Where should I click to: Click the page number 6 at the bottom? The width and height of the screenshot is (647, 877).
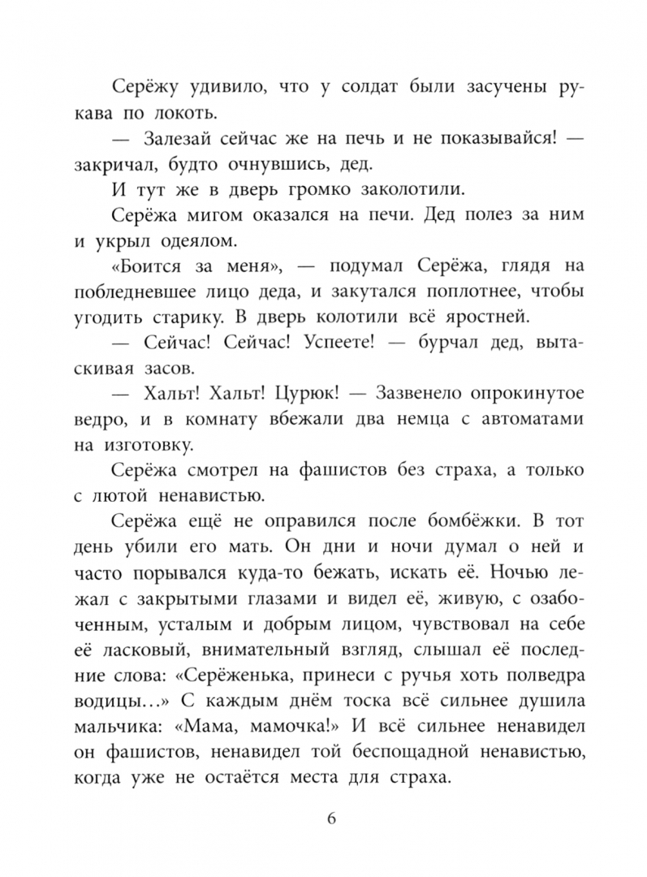point(330,817)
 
